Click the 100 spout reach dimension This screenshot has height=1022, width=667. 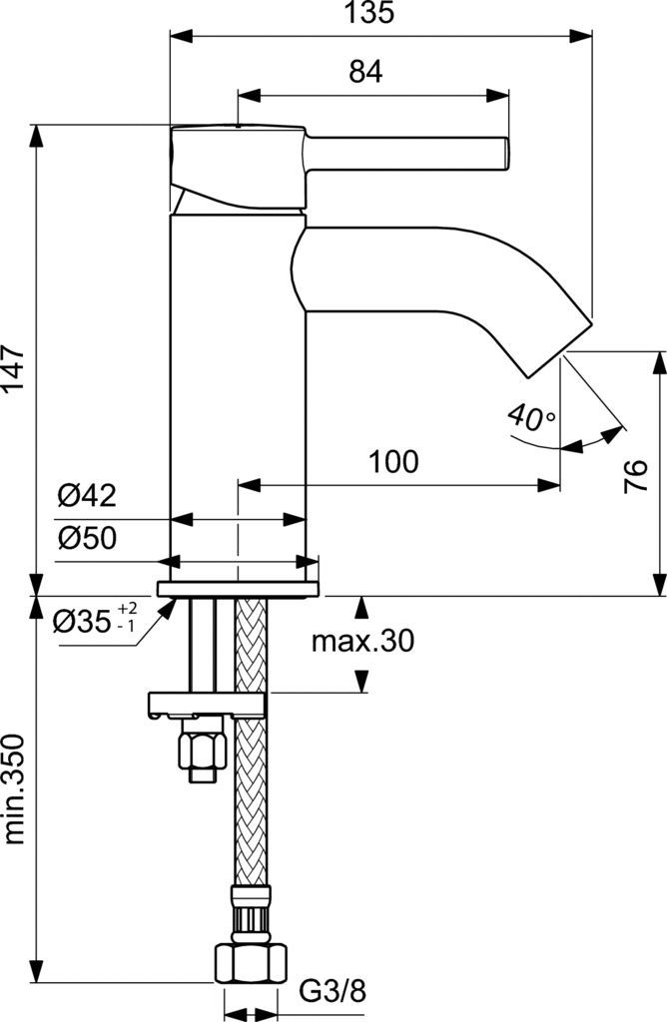(x=393, y=462)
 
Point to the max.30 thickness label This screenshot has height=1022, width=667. (x=361, y=640)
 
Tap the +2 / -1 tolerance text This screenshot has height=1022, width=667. (x=128, y=617)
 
